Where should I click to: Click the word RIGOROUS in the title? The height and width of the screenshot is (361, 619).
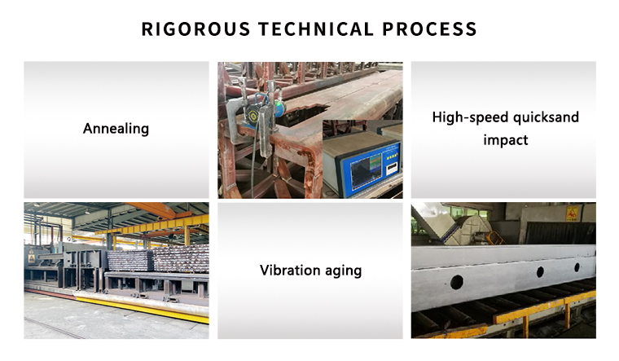(x=195, y=29)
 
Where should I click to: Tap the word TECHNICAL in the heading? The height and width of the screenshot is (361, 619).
(x=315, y=29)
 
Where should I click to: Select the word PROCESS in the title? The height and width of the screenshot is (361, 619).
(x=429, y=29)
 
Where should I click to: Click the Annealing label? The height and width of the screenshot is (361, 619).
(x=116, y=129)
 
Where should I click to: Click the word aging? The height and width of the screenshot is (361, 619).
(x=343, y=271)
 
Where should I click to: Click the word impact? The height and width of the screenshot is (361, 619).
(x=505, y=140)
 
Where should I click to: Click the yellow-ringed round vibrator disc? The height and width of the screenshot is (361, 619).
(x=252, y=116)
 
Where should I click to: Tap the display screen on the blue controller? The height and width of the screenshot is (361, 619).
(x=367, y=170)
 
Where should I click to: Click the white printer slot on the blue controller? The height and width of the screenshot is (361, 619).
(x=392, y=169)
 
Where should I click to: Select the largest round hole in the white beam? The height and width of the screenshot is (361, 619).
(x=457, y=282)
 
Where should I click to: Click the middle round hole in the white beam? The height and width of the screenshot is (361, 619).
(x=540, y=271)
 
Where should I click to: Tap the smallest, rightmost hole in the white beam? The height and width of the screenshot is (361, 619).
(x=577, y=267)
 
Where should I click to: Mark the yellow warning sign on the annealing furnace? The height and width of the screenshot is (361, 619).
(x=31, y=258)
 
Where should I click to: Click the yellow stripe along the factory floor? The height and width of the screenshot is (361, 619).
(x=142, y=308)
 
